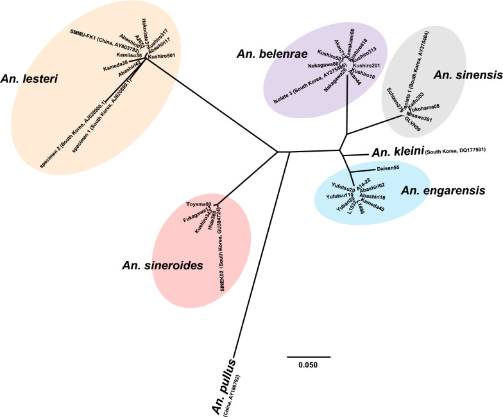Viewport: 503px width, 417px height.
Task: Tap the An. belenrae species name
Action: coord(263,54)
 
